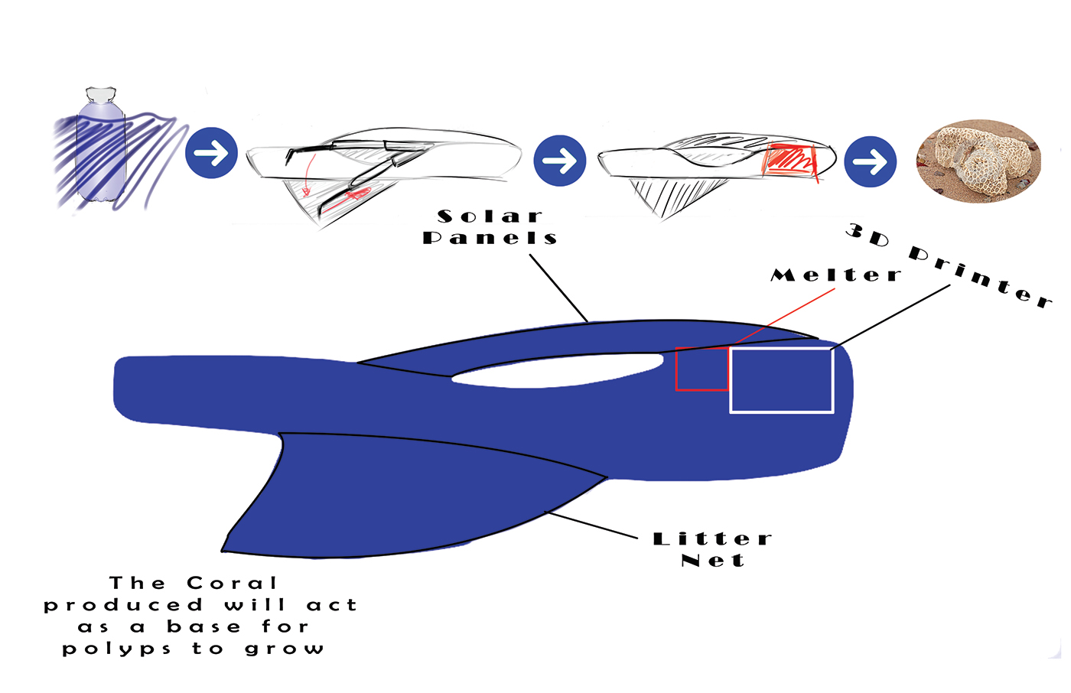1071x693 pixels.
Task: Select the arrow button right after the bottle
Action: click(x=211, y=153)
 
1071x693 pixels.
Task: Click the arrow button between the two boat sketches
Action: click(x=560, y=161)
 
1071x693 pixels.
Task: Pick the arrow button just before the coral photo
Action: click(x=871, y=161)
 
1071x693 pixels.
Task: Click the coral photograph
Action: click(x=978, y=161)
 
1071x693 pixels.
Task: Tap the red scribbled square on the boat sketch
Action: click(x=790, y=161)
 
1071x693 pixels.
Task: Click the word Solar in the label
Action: click(x=490, y=216)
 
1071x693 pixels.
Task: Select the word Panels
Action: click(x=490, y=238)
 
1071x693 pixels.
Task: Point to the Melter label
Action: click(x=835, y=275)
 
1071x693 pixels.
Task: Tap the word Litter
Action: click(x=712, y=539)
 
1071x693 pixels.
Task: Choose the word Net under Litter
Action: click(x=712, y=561)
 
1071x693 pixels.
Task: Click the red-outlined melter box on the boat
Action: click(x=702, y=369)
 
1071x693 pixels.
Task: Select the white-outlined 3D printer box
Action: click(x=781, y=380)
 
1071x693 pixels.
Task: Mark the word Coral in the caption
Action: click(x=231, y=584)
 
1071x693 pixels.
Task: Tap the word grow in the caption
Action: click(x=285, y=649)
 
